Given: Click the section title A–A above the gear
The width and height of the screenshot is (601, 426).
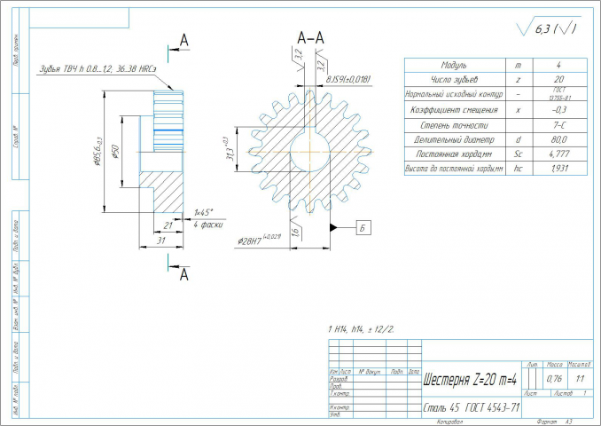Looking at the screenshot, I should [311, 37].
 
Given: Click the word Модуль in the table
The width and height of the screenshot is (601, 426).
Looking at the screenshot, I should [454, 66].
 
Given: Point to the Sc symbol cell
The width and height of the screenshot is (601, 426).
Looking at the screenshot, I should [517, 154].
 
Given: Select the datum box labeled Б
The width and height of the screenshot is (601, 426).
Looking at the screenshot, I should [364, 227].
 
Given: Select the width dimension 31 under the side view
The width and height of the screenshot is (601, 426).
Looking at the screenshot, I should [161, 241].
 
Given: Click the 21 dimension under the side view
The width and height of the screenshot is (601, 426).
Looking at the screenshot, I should [168, 226].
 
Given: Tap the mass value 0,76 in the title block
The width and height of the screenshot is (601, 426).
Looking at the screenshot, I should [554, 379].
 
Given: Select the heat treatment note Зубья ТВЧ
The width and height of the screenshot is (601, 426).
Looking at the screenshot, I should [98, 68].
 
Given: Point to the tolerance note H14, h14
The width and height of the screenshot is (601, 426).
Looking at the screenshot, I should [363, 328].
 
